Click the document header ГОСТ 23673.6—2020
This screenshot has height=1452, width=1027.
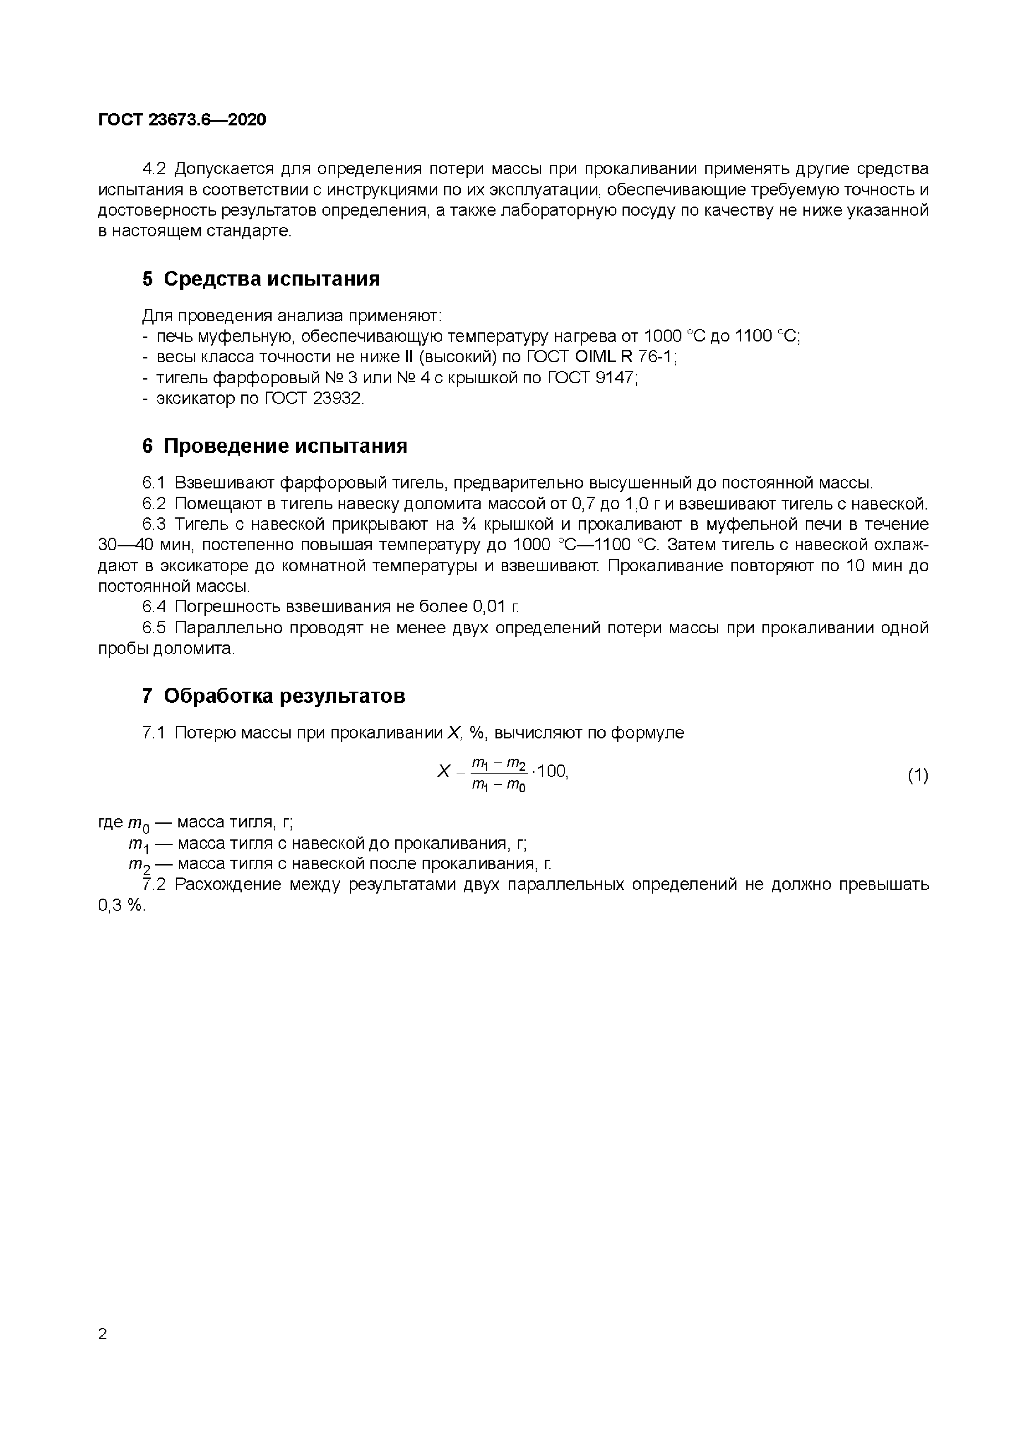tap(182, 120)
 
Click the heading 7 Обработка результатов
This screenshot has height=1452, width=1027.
tap(273, 696)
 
